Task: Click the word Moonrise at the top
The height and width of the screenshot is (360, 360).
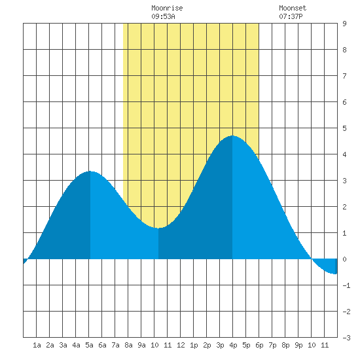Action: [x=167, y=8]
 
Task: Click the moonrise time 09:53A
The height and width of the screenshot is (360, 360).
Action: [x=163, y=16]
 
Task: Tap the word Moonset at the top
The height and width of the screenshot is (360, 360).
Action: [x=293, y=8]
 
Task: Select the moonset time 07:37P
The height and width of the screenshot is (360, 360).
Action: [x=291, y=16]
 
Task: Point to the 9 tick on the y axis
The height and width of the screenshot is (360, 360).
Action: [x=344, y=24]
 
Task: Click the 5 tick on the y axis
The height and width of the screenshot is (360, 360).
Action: [x=344, y=128]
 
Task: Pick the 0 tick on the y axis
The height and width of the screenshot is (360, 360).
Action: [x=344, y=259]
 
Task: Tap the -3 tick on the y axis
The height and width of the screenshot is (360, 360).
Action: [x=346, y=338]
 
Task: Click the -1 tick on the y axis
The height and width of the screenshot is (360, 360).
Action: [x=346, y=285]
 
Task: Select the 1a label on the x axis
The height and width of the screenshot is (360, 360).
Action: [x=37, y=345]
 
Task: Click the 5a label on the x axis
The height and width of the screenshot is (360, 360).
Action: [x=89, y=345]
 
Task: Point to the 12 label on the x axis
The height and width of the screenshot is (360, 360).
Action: [x=181, y=345]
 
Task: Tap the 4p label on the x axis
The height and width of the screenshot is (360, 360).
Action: [x=233, y=345]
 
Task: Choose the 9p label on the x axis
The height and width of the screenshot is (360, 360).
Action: [x=298, y=345]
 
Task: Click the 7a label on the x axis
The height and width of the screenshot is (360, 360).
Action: [x=115, y=345]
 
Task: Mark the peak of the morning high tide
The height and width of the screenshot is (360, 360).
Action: [x=90, y=171]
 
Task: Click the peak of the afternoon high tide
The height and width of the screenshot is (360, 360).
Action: [x=232, y=135]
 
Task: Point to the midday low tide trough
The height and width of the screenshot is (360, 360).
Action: [x=158, y=228]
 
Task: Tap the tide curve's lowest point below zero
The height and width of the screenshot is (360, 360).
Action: [x=334, y=274]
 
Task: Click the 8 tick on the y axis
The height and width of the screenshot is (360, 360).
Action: [x=344, y=50]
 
